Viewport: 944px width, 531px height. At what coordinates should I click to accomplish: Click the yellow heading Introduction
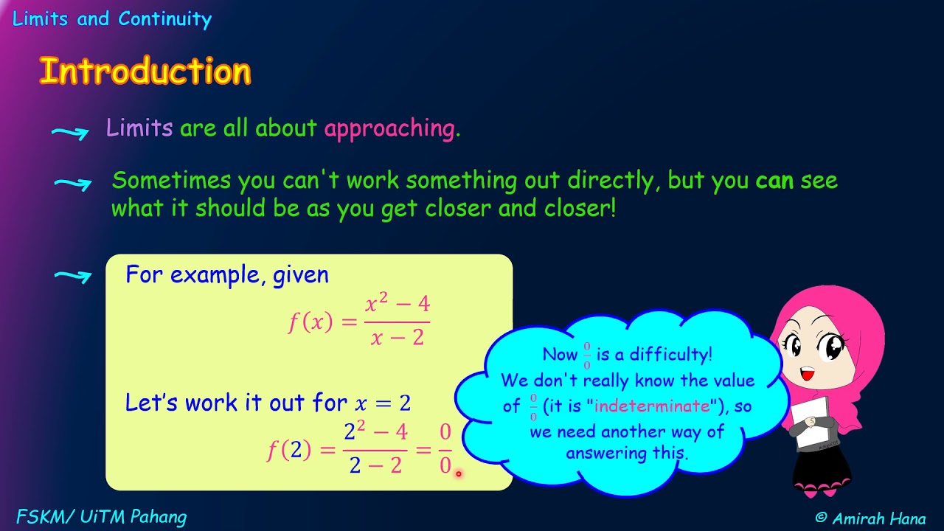145,72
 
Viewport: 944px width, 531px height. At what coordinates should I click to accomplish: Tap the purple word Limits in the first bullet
139,128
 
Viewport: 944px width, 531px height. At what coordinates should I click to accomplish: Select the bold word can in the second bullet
774,181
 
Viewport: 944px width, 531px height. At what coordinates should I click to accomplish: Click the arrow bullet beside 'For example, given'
72,277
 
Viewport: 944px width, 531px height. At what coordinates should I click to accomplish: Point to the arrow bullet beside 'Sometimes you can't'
72,184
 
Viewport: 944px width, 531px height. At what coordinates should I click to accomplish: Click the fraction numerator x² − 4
398,304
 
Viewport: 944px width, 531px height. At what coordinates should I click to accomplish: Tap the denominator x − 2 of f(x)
397,338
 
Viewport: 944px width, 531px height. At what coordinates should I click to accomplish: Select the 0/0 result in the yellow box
445,449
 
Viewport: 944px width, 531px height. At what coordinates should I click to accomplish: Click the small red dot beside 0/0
458,473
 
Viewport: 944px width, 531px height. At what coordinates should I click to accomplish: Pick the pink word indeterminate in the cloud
651,406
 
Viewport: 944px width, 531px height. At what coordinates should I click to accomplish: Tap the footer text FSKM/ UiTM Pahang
101,517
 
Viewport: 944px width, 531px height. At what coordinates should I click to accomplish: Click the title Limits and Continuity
112,19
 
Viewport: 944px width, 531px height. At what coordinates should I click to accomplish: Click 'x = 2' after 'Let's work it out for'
382,403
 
